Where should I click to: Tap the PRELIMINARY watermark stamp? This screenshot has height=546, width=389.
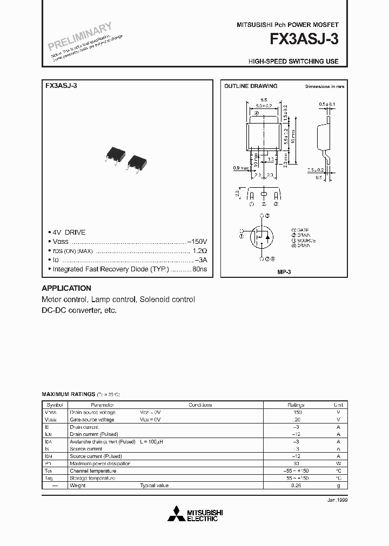[x=78, y=36]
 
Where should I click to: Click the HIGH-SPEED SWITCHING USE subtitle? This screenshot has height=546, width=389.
[x=293, y=62]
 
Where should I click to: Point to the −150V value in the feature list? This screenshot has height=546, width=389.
[x=197, y=242]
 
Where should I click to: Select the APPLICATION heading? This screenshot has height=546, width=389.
[x=66, y=288]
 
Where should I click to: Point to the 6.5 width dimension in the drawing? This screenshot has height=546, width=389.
[x=264, y=100]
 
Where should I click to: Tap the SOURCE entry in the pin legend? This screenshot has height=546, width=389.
[x=306, y=241]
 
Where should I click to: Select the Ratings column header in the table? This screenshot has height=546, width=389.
[x=296, y=405]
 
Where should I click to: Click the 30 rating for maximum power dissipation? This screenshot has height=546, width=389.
[x=296, y=463]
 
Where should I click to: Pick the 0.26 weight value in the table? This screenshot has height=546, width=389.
[x=296, y=486]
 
